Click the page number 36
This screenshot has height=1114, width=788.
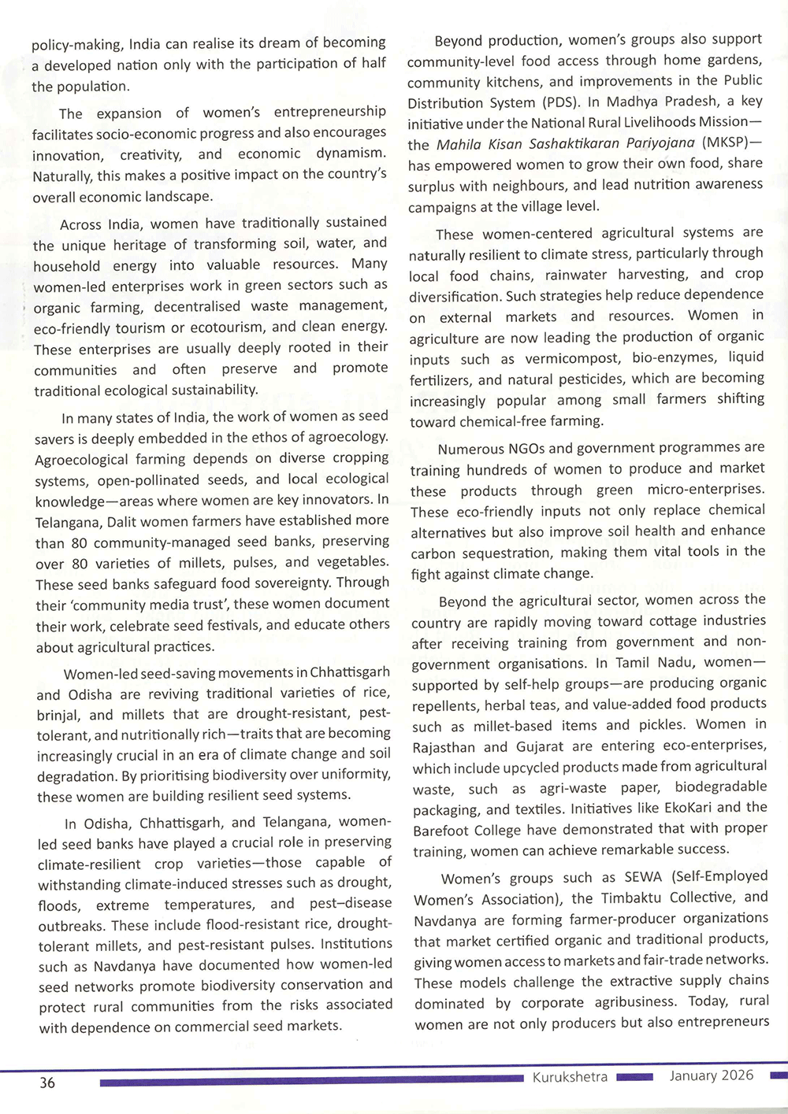(47, 1083)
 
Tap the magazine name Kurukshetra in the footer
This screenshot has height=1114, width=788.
(570, 1077)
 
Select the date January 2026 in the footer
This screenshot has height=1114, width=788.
(712, 1075)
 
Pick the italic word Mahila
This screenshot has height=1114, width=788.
(458, 144)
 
